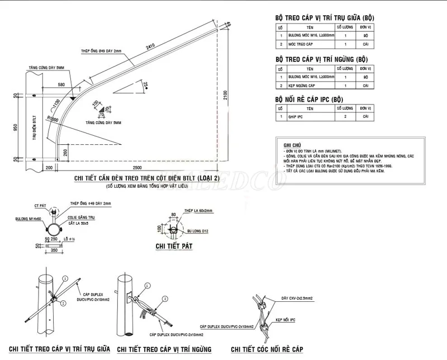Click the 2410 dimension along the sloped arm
click(x=150, y=48)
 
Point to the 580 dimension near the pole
click(x=61, y=84)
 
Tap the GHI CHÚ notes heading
click(x=293, y=144)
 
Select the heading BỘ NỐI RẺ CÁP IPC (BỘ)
click(x=309, y=99)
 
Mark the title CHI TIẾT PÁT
click(x=174, y=245)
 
